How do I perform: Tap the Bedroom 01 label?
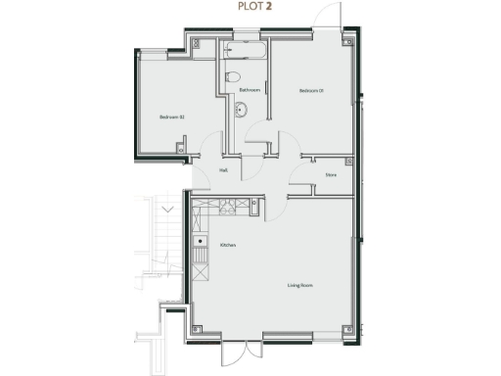(x=311, y=91)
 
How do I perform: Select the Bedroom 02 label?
(x=172, y=117)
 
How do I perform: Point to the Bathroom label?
(x=250, y=90)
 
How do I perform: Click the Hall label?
(x=224, y=169)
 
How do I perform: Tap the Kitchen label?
(x=228, y=245)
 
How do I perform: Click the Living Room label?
(x=299, y=285)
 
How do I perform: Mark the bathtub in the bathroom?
(x=242, y=50)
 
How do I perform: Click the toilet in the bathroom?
(x=233, y=76)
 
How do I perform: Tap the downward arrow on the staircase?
(x=167, y=209)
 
